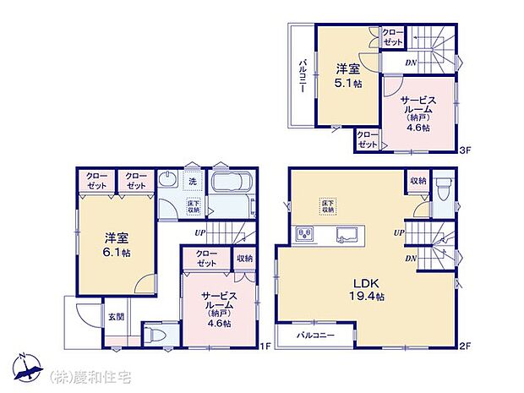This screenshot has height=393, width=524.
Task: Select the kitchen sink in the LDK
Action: pos(347,234)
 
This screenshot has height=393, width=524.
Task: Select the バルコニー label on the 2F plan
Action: pos(315,336)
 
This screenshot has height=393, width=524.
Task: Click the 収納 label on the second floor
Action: pos(418,181)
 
